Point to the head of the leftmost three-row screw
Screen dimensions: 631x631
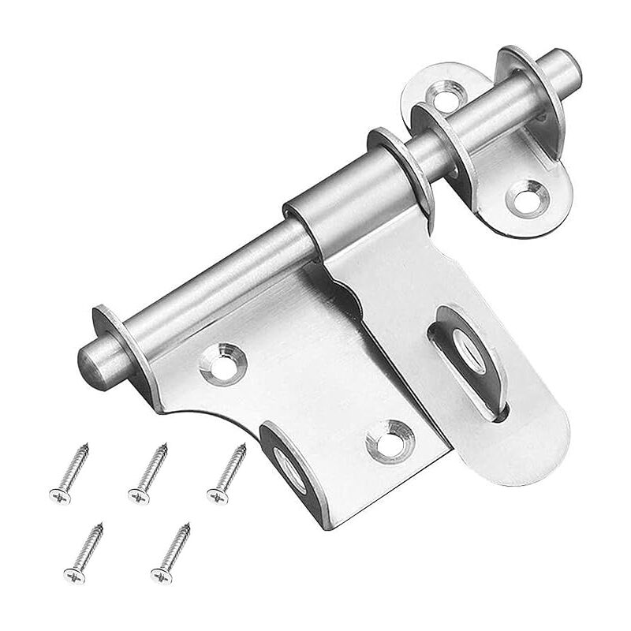(x=58, y=496)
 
